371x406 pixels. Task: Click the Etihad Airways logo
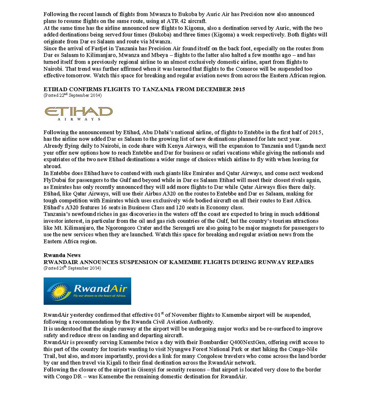pos(78,113)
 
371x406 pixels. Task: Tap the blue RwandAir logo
pos(87,291)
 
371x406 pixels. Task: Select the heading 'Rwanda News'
pos(62,255)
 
